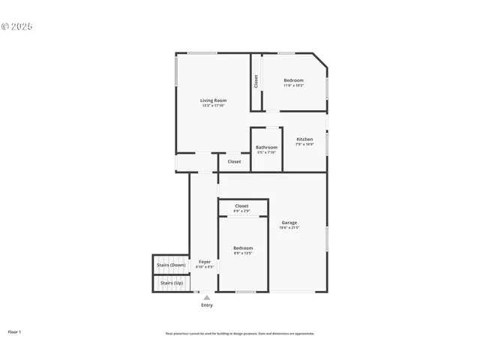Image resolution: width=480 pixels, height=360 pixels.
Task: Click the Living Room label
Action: pyautogui.click(x=213, y=100)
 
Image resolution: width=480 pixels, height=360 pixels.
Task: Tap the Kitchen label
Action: pyautogui.click(x=304, y=139)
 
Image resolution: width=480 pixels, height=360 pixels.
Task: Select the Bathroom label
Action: pyautogui.click(x=266, y=147)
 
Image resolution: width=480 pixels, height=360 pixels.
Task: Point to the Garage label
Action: pyautogui.click(x=289, y=222)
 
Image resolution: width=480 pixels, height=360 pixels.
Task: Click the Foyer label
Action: pyautogui.click(x=205, y=262)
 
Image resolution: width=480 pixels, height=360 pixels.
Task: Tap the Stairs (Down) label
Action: pyautogui.click(x=171, y=265)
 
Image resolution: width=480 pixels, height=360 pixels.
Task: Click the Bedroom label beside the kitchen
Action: pyautogui.click(x=293, y=80)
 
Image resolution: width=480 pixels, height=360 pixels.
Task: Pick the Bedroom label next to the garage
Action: pyautogui.click(x=243, y=247)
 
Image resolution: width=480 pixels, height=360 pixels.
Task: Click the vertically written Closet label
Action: pyautogui.click(x=256, y=81)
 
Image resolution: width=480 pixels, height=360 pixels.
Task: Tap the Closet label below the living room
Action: pyautogui.click(x=234, y=161)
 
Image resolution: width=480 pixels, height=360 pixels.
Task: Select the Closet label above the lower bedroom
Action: pyautogui.click(x=241, y=205)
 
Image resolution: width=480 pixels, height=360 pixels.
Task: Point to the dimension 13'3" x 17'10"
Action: pyautogui.click(x=213, y=106)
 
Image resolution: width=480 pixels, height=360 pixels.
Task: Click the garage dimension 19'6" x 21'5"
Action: pyautogui.click(x=289, y=227)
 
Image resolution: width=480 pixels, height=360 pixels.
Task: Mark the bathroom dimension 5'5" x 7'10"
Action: pyautogui.click(x=266, y=152)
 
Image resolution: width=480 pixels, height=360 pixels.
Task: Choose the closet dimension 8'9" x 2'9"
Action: pyautogui.click(x=241, y=211)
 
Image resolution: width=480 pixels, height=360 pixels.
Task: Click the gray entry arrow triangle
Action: pyautogui.click(x=207, y=298)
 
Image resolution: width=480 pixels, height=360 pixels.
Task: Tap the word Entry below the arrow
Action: pyautogui.click(x=207, y=305)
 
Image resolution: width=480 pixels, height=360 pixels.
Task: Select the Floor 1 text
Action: pyautogui.click(x=14, y=331)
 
